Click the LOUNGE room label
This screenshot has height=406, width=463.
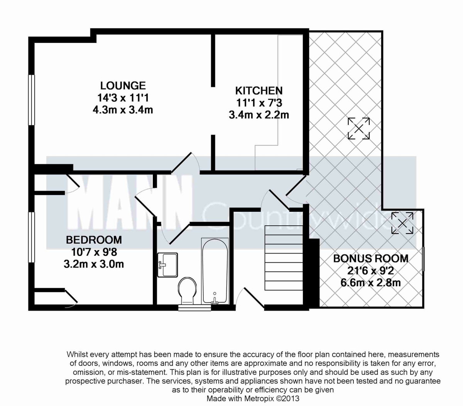[x=123, y=85]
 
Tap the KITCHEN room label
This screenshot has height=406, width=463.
[x=259, y=91]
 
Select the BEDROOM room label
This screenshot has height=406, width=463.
[x=94, y=240]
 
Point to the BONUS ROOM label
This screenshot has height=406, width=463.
[x=370, y=258]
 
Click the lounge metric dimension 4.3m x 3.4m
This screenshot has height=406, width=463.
[x=123, y=110]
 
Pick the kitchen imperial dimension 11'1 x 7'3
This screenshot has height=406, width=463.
[x=259, y=103]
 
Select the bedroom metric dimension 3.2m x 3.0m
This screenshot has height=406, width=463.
[x=94, y=264]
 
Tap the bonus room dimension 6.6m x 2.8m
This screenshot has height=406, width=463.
[x=370, y=283]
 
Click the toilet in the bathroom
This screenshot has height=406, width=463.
[x=188, y=291]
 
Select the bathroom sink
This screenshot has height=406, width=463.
[x=167, y=265]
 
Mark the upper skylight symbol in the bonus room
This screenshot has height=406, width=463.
[x=359, y=128]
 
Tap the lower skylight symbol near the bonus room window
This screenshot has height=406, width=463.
[x=402, y=223]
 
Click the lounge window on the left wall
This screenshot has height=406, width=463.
[x=32, y=100]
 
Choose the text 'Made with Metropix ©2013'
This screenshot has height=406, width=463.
[x=253, y=398]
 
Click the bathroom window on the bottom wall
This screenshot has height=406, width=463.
[x=195, y=308]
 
